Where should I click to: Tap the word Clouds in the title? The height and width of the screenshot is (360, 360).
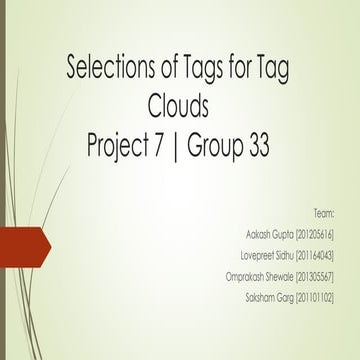click(x=180, y=103)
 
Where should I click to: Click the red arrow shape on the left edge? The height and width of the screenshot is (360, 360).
click(x=22, y=243)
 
